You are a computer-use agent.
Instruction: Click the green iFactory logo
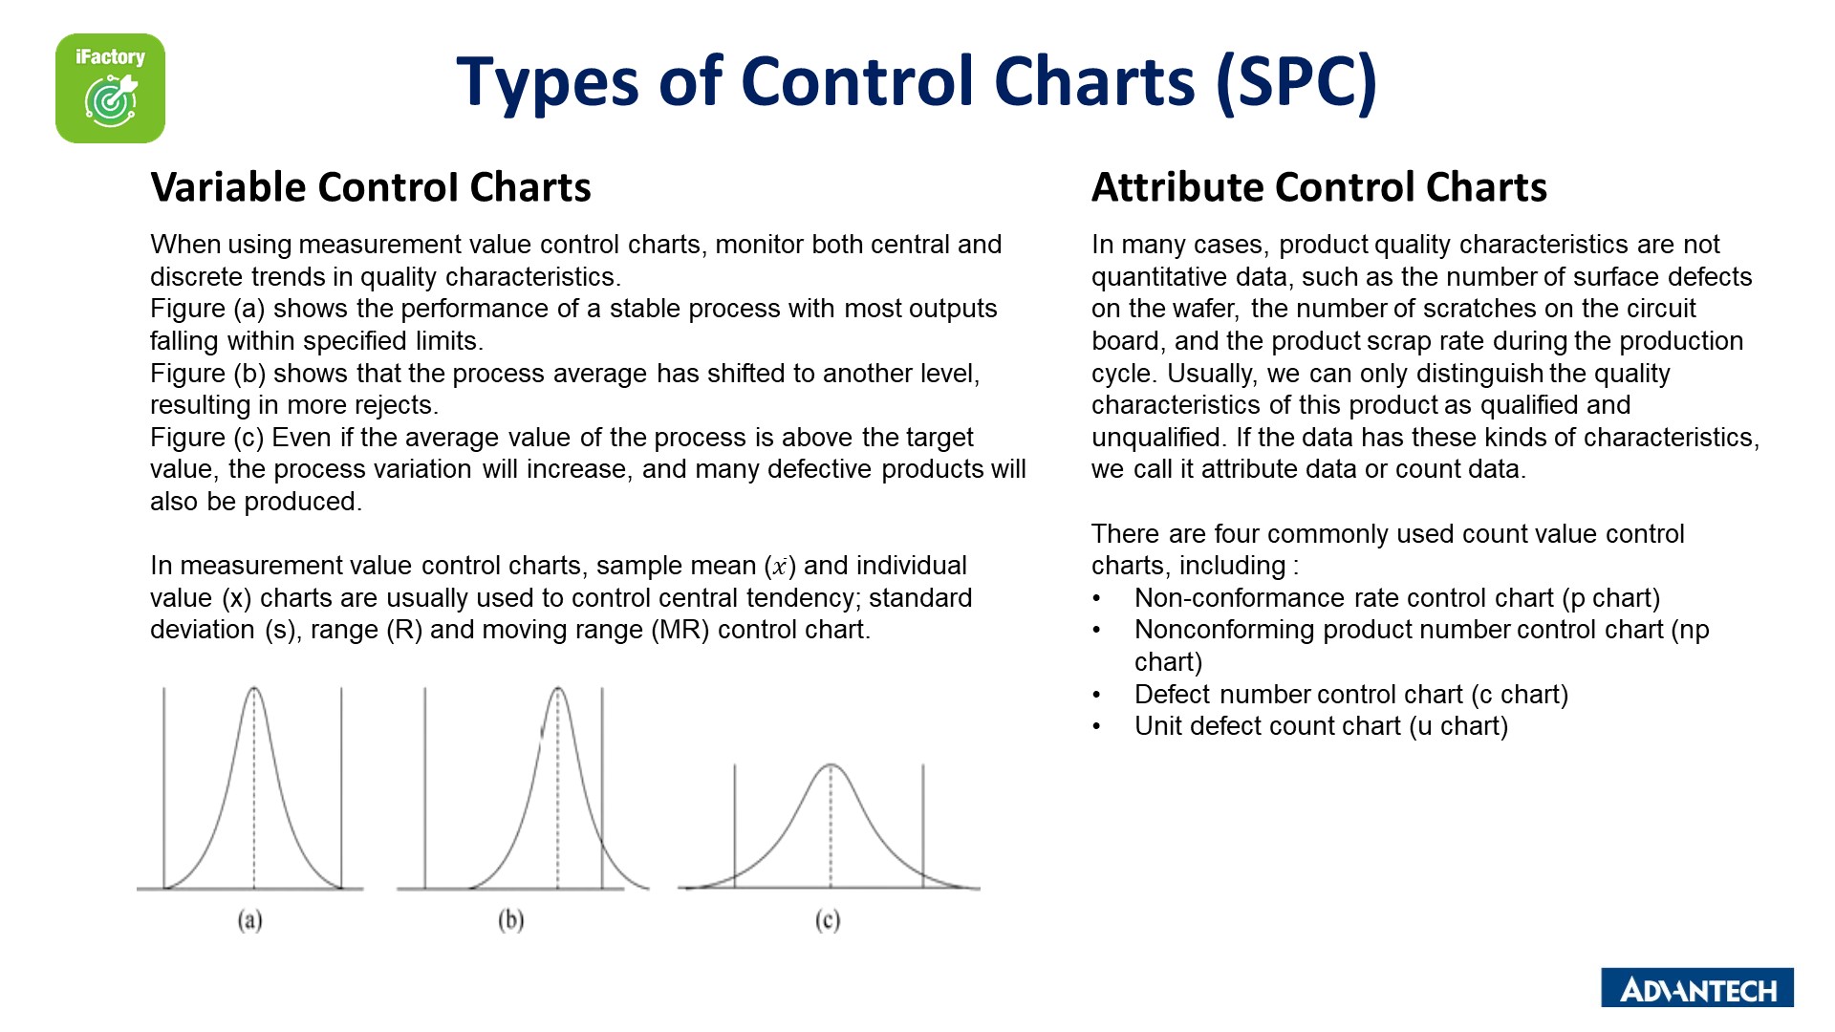click(x=110, y=88)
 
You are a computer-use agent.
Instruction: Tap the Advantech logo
click(x=1697, y=988)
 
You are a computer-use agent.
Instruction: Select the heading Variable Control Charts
click(x=371, y=187)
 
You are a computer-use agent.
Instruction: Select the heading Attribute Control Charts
click(x=1319, y=187)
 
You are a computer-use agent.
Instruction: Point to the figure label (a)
click(x=249, y=920)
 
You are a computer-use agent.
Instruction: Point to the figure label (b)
click(x=511, y=920)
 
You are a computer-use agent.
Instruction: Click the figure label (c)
click(x=828, y=920)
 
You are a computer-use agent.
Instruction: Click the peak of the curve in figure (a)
click(x=254, y=688)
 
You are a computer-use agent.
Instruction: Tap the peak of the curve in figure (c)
click(x=831, y=765)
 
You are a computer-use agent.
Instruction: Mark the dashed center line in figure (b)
click(x=558, y=788)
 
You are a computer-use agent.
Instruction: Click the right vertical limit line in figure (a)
click(x=341, y=788)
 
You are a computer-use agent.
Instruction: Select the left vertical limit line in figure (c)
click(x=735, y=827)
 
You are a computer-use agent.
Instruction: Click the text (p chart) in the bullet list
click(x=1611, y=598)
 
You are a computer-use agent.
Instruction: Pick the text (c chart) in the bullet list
click(x=1520, y=695)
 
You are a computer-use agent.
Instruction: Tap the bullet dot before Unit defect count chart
click(x=1097, y=727)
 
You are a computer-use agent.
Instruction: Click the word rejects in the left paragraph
click(x=393, y=405)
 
